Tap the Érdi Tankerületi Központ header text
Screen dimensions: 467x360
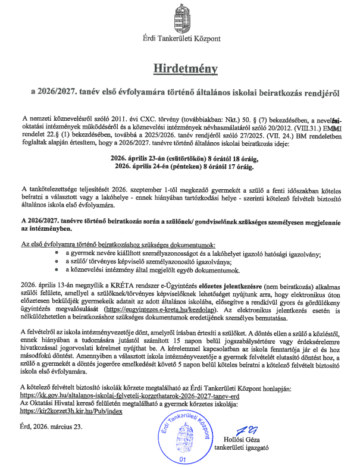(181, 39)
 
